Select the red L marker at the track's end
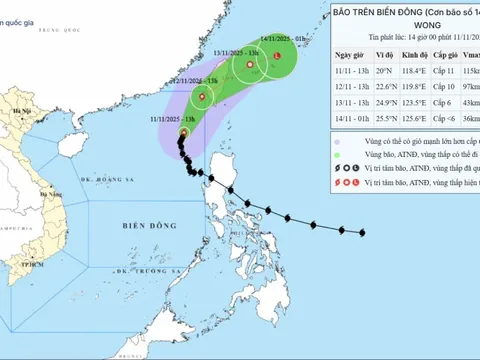point(277,57)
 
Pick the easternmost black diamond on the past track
point(364,235)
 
